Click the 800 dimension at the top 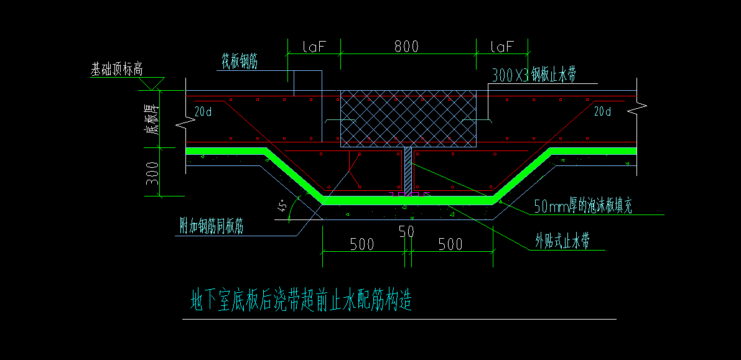(x=406, y=46)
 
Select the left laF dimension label (x=314, y=46)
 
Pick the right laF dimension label (x=502, y=46)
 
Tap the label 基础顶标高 (x=117, y=70)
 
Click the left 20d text (x=203, y=111)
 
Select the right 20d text (x=602, y=111)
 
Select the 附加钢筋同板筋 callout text (x=212, y=227)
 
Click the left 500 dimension (x=361, y=244)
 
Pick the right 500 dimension (x=450, y=244)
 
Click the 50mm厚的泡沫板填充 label (x=583, y=206)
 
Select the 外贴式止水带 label (x=562, y=242)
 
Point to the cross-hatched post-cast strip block (x=408, y=119)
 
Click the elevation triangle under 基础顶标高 (x=151, y=83)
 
